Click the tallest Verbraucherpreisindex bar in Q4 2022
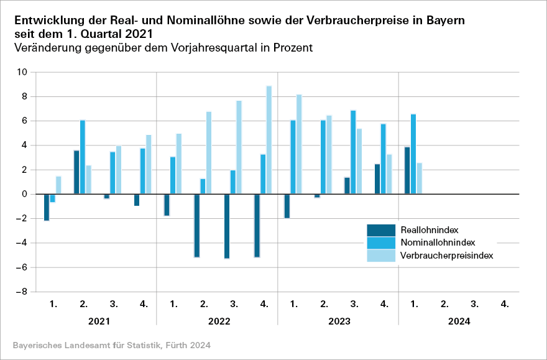269,140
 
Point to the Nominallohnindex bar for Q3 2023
353,152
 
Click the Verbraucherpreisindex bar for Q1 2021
58,185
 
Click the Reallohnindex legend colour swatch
381,230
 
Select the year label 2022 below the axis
217,322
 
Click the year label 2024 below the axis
459,322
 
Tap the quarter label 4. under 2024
505,304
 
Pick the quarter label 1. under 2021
53,304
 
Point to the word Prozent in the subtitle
291,47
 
